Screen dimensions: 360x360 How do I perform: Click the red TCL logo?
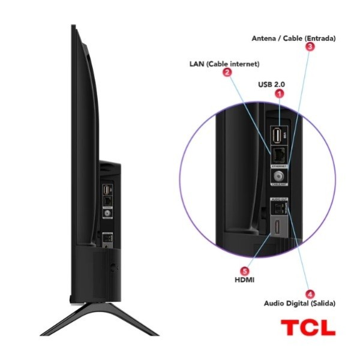pyautogui.click(x=308, y=328)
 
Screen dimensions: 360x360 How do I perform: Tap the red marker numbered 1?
pyautogui.click(x=278, y=94)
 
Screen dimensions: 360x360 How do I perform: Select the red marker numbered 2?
pyautogui.click(x=227, y=73)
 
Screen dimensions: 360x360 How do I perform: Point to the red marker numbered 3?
pyautogui.click(x=310, y=46)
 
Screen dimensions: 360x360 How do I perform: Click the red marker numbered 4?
pyautogui.click(x=310, y=294)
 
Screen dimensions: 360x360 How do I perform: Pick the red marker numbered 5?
pyautogui.click(x=244, y=271)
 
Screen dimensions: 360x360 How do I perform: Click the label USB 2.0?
pyautogui.click(x=271, y=84)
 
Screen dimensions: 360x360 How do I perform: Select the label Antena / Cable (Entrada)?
pyautogui.click(x=293, y=38)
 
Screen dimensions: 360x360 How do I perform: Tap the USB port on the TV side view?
pyautogui.click(x=106, y=190)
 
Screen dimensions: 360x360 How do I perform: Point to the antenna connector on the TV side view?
pyautogui.click(x=107, y=212)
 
